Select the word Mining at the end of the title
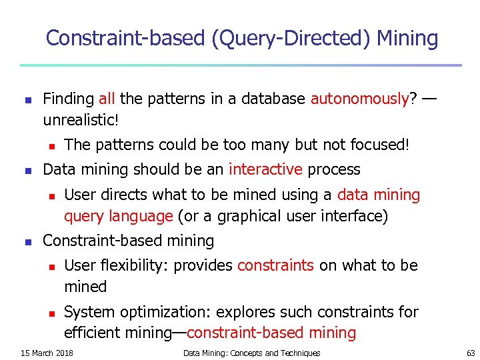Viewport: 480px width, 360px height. tap(407, 39)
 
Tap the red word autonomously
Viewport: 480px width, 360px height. tap(359, 99)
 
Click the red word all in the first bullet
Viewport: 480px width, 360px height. tap(107, 99)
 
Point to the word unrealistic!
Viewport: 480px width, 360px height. tap(81, 121)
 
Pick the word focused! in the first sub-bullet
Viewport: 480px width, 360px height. tap(377, 145)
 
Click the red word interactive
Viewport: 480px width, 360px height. tap(265, 169)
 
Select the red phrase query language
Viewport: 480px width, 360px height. tap(119, 216)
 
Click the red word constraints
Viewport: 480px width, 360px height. tap(275, 265)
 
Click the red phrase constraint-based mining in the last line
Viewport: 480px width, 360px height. tap(271, 333)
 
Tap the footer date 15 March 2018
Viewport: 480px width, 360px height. tap(47, 353)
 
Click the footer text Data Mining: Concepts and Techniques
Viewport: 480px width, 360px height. tap(251, 353)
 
